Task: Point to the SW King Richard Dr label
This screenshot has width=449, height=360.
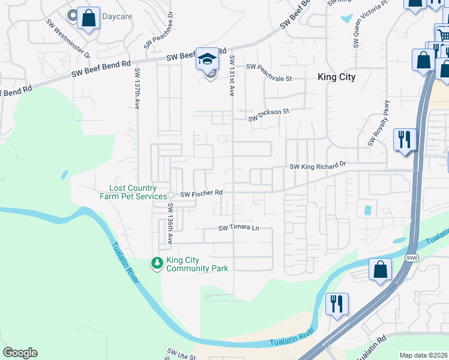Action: (318, 165)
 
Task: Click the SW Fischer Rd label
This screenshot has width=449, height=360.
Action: (202, 194)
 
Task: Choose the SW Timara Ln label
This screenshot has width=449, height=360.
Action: (238, 228)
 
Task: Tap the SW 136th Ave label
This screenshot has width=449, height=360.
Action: (170, 224)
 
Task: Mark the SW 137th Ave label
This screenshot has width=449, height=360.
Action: (137, 89)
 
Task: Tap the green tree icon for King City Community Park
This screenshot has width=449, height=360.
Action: (157, 263)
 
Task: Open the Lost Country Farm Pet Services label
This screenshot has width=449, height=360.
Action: (133, 192)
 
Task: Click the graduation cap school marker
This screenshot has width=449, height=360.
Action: (208, 59)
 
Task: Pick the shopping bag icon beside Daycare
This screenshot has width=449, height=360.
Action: (88, 18)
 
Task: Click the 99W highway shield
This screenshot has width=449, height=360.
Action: (411, 258)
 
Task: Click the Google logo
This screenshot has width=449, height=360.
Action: (20, 353)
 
